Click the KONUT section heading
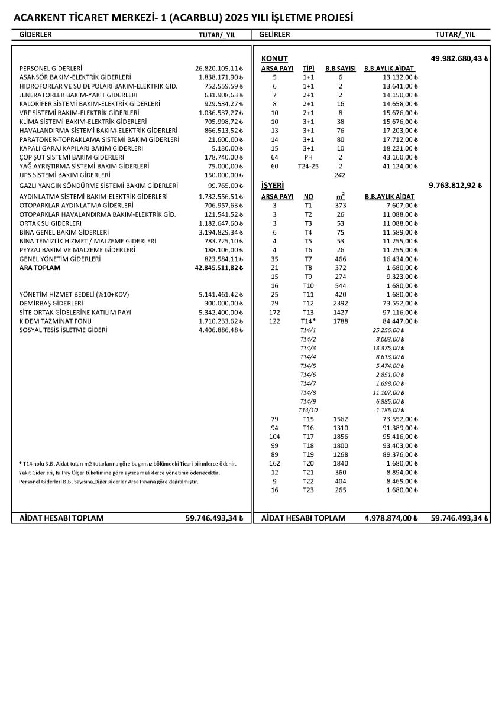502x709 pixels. pyautogui.click(x=274, y=59)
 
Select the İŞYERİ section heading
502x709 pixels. pyautogui.click(x=272, y=186)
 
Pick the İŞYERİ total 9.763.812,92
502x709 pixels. pyautogui.click(x=455, y=186)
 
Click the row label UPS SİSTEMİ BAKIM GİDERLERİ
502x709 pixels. pyautogui.click(x=65, y=175)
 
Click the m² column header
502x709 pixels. pyautogui.click(x=340, y=196)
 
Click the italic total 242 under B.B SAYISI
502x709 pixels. pyautogui.click(x=340, y=175)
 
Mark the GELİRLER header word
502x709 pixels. pyautogui.click(x=274, y=35)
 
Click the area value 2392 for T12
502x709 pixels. pyautogui.click(x=340, y=303)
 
